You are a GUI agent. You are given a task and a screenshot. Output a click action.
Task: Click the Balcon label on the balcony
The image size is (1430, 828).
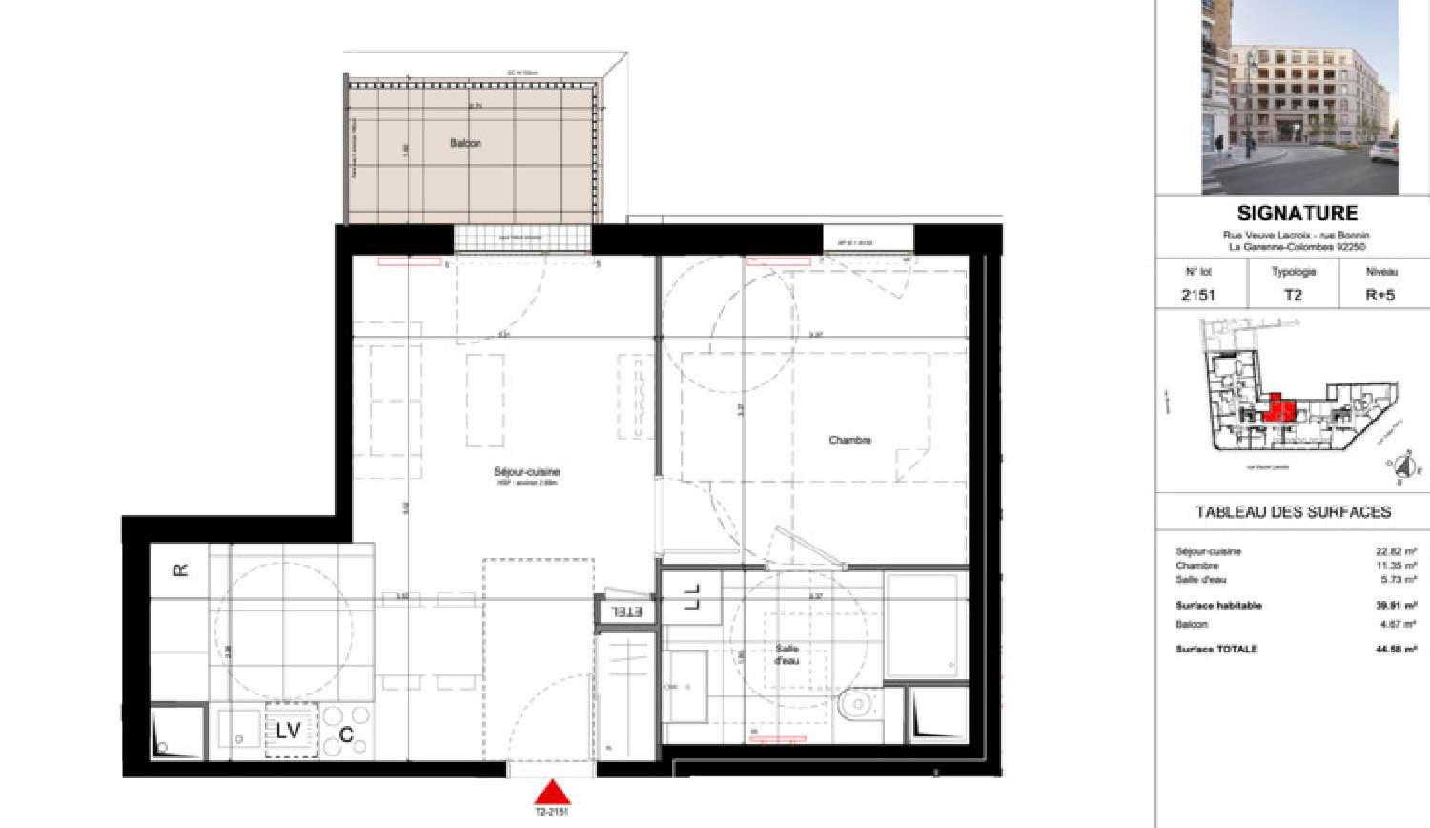tap(465, 143)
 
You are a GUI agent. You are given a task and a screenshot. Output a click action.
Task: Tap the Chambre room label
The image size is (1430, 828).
tap(849, 440)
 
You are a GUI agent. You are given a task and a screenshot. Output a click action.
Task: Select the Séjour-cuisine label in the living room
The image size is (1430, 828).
tap(526, 472)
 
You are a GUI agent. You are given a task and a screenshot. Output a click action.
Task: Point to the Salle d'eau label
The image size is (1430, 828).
tap(786, 654)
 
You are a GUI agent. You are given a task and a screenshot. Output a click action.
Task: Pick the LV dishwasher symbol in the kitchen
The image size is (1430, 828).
tap(289, 731)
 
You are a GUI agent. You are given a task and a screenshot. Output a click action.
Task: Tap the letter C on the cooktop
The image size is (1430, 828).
tap(347, 734)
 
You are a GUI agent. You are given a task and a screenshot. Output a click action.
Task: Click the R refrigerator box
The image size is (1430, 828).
tap(179, 570)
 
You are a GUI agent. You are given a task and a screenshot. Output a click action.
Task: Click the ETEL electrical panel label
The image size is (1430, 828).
tap(626, 611)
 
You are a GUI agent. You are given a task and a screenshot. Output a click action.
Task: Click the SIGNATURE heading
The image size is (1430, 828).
tap(1297, 214)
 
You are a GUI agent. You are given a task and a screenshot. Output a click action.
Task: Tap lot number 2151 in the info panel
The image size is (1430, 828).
tap(1198, 295)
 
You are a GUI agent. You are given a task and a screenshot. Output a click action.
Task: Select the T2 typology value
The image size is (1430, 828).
tap(1293, 295)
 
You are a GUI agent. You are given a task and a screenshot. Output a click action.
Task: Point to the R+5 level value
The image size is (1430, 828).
tap(1379, 295)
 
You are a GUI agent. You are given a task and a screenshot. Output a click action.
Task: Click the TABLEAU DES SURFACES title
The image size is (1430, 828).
tap(1293, 512)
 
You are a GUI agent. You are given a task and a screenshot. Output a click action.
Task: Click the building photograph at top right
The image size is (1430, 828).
tap(1299, 95)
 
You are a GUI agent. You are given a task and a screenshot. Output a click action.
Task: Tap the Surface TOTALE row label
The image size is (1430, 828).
tap(1216, 649)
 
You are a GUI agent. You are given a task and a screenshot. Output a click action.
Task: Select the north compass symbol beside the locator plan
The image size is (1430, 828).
tap(1401, 467)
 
